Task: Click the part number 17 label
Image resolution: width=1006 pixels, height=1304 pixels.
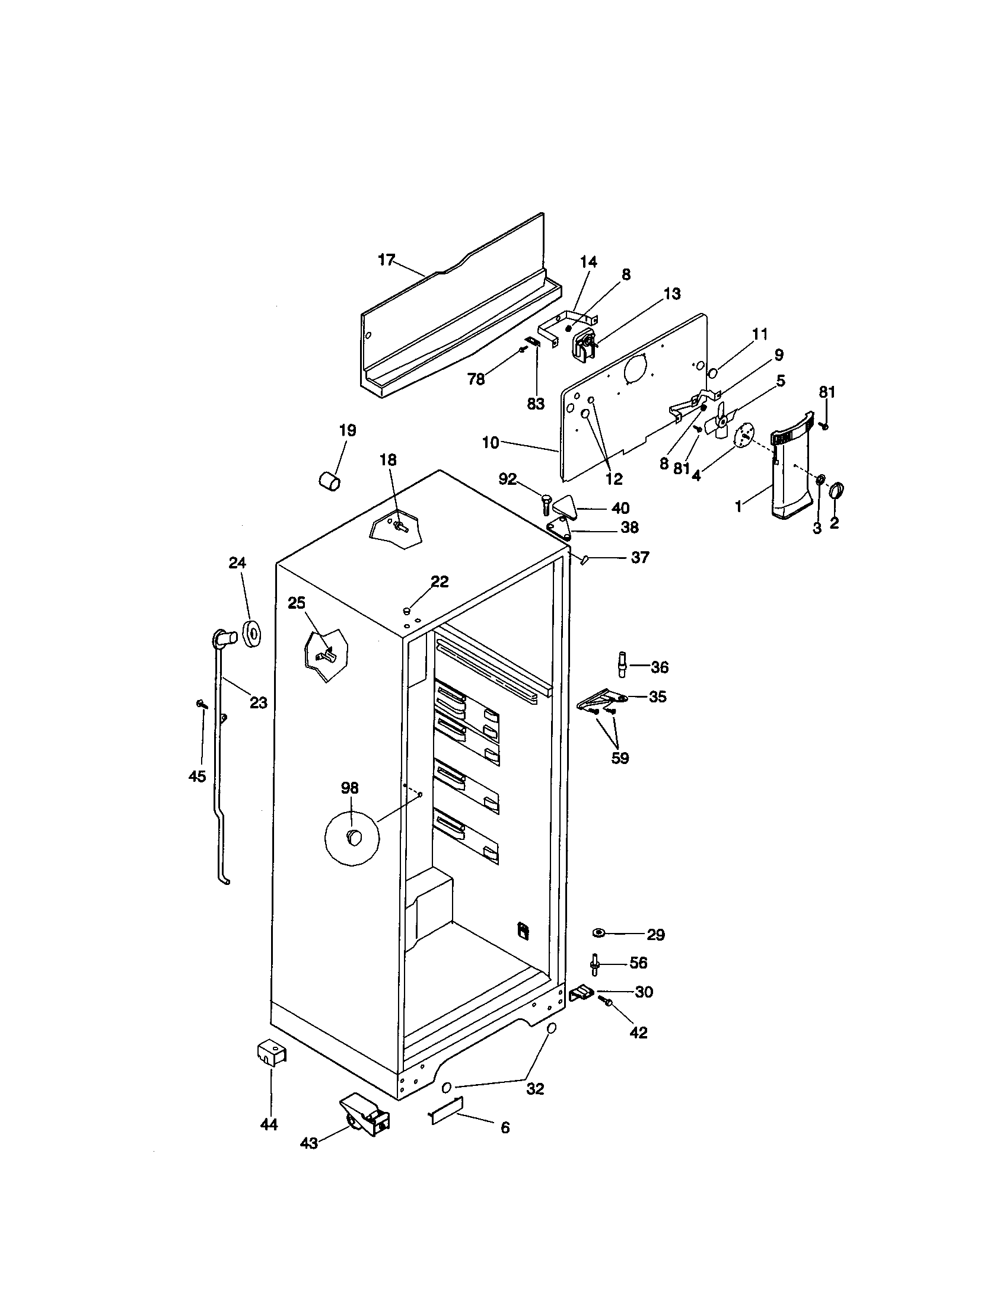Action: pyautogui.click(x=387, y=260)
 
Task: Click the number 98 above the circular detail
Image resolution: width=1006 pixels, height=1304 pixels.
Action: pyautogui.click(x=349, y=788)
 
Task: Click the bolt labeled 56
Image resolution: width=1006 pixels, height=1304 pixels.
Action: pyautogui.click(x=596, y=963)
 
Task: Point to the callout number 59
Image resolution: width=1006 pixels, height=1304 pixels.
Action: pyautogui.click(x=620, y=758)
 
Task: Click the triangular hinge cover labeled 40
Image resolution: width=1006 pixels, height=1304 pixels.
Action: pyautogui.click(x=564, y=507)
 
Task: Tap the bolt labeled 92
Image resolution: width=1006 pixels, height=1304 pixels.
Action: pyautogui.click(x=547, y=504)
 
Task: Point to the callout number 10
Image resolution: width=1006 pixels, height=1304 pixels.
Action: pyautogui.click(x=490, y=442)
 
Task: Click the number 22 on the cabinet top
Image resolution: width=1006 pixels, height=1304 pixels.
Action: pyautogui.click(x=440, y=581)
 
